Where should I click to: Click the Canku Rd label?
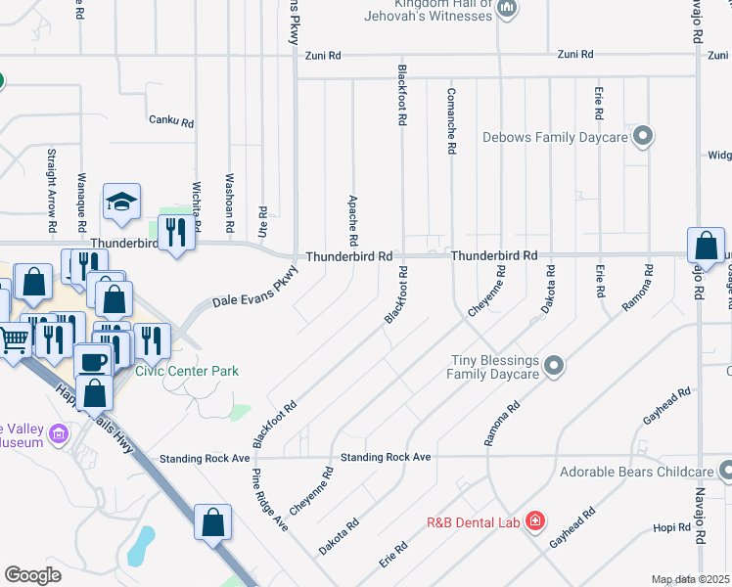click(x=171, y=122)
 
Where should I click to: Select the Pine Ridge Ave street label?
click(x=270, y=499)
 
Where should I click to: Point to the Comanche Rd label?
click(x=451, y=122)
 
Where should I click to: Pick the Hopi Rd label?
click(x=672, y=528)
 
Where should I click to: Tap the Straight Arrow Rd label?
click(x=51, y=183)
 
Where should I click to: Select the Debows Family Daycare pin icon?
click(x=643, y=137)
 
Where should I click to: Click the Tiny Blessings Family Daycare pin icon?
click(x=554, y=367)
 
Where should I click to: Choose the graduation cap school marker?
click(x=122, y=202)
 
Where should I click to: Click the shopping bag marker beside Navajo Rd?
click(x=706, y=246)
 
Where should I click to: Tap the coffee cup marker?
click(x=94, y=361)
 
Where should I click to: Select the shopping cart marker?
click(x=14, y=340)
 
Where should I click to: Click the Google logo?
click(x=32, y=574)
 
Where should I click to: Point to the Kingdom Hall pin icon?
click(x=507, y=10)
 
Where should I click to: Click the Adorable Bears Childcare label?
click(x=636, y=473)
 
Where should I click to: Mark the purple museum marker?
click(x=58, y=432)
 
